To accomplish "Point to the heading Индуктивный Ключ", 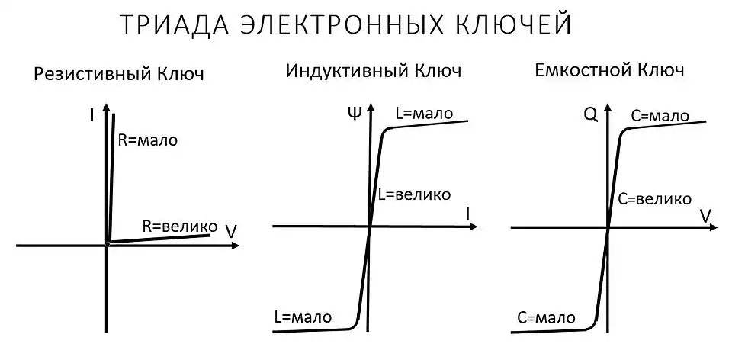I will (x=374, y=72).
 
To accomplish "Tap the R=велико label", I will (x=179, y=226).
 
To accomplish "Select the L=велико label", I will (x=413, y=194).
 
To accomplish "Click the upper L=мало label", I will (x=424, y=114).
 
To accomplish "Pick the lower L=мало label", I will (x=302, y=316).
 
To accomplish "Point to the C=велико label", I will (x=655, y=198).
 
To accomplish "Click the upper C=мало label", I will (x=660, y=116).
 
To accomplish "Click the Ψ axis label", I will (x=353, y=115).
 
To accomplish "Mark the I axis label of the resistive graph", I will (x=91, y=116).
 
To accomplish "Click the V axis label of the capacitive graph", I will (x=705, y=215).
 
